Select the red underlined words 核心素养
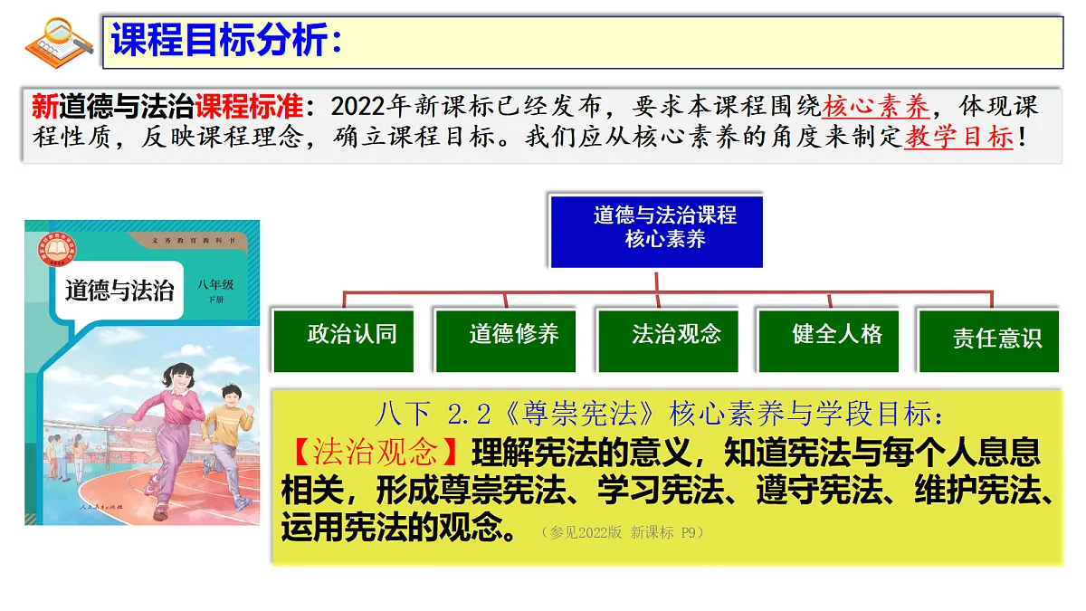(x=876, y=107)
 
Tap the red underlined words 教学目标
(x=958, y=138)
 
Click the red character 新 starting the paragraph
(x=44, y=107)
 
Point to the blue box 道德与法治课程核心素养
(x=656, y=227)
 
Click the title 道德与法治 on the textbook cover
(x=119, y=290)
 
